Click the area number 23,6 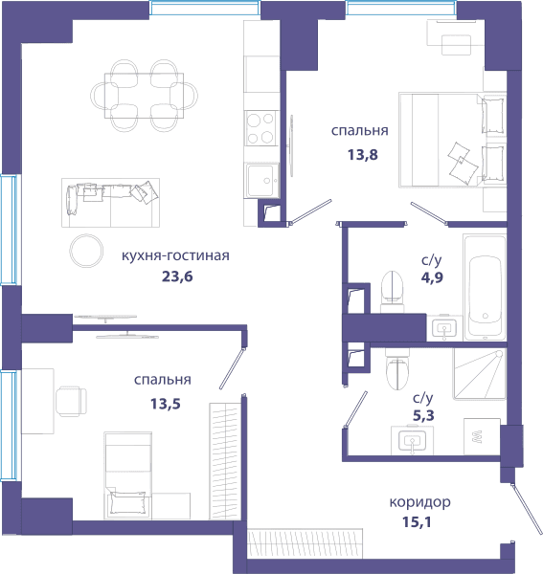click(x=177, y=276)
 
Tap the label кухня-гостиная click(x=175, y=255)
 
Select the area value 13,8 click(x=363, y=155)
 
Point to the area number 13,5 click(x=166, y=404)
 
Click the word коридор click(x=419, y=502)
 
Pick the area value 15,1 click(x=417, y=522)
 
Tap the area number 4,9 click(x=432, y=277)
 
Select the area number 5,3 click(x=423, y=416)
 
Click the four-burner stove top click(x=260, y=128)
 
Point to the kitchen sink click(x=260, y=181)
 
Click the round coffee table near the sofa click(x=86, y=251)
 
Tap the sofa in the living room click(x=110, y=203)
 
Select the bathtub click(x=485, y=287)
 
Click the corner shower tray click(x=480, y=374)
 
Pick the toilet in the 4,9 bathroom click(x=392, y=292)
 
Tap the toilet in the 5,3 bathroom click(x=397, y=368)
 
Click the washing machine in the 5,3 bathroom click(x=482, y=436)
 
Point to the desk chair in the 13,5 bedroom click(x=72, y=401)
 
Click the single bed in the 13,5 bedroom click(x=128, y=475)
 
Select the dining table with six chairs click(x=144, y=96)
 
